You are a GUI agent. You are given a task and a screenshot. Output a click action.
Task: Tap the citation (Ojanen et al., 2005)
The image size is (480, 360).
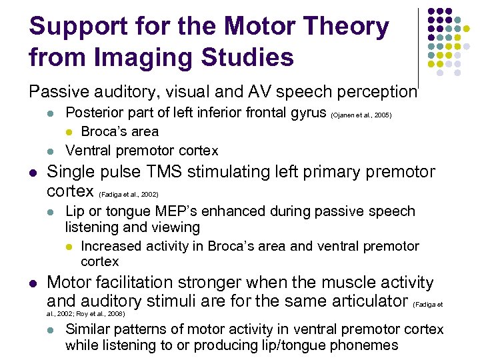[361, 115]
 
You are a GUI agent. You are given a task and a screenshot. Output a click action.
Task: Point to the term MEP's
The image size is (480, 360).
[167, 211]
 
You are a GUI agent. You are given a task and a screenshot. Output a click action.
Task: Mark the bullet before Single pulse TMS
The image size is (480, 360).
[33, 173]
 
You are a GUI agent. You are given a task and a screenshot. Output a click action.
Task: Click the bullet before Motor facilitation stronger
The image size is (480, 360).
[33, 283]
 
